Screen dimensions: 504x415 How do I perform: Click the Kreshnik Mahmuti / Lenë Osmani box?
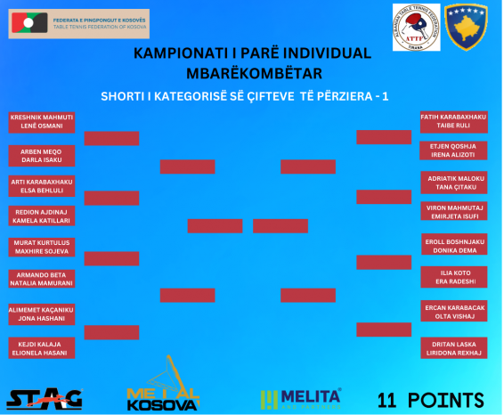click(x=42, y=122)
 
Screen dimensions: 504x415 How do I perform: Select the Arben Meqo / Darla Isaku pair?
click(x=42, y=156)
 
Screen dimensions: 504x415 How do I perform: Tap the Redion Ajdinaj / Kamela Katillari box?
click(x=42, y=216)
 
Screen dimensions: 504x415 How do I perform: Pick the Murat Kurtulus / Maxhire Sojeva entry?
click(x=42, y=247)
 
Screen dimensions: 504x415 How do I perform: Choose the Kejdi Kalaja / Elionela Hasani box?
click(x=42, y=348)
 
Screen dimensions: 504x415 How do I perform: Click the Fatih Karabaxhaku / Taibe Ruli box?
click(x=454, y=122)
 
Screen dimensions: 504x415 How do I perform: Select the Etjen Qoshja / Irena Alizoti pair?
click(x=453, y=151)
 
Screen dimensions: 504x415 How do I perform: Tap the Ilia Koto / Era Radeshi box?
click(x=454, y=277)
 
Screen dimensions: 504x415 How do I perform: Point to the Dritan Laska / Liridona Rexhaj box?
click(x=454, y=348)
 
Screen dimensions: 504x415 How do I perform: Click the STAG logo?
click(x=45, y=399)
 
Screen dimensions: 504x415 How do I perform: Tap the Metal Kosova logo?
click(x=163, y=384)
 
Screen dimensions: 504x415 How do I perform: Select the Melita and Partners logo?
click(x=301, y=399)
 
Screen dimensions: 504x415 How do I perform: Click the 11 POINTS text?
click(x=430, y=401)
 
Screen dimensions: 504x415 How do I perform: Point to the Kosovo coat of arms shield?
click(x=466, y=27)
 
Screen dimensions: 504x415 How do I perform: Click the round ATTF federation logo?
click(x=416, y=28)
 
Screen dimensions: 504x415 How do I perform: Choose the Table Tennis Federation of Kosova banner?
click(x=78, y=24)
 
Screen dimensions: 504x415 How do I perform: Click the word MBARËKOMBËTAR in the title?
click(x=255, y=74)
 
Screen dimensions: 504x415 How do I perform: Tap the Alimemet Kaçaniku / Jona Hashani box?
click(x=42, y=314)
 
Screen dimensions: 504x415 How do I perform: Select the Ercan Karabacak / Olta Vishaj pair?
click(x=454, y=311)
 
